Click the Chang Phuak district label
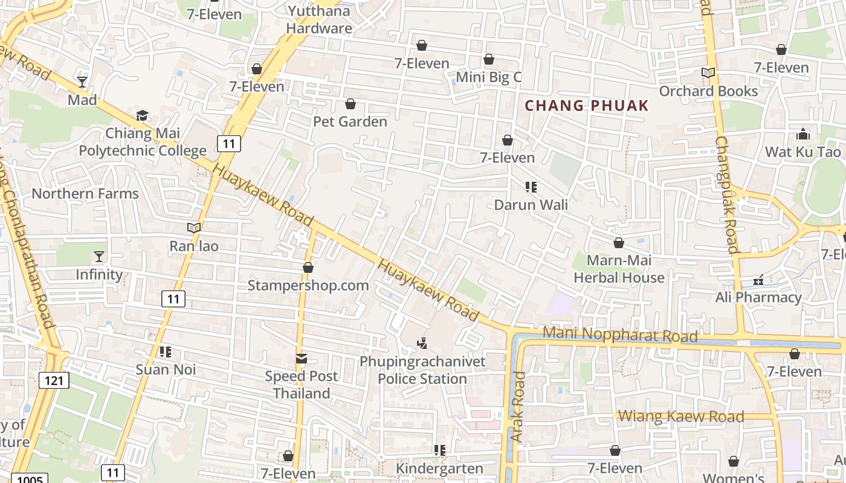click(x=586, y=106)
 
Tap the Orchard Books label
click(x=708, y=91)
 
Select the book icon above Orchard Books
click(x=708, y=73)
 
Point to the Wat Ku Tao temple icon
click(x=803, y=133)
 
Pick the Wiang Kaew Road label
click(x=681, y=416)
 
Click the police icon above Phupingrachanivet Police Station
click(x=422, y=344)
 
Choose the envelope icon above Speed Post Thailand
click(x=301, y=359)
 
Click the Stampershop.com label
click(x=308, y=285)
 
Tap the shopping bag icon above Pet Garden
click(x=350, y=104)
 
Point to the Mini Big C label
click(x=488, y=77)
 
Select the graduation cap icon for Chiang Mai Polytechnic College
click(x=143, y=115)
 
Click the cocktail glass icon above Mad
click(x=82, y=82)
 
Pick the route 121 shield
click(x=54, y=380)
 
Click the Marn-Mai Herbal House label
click(x=619, y=269)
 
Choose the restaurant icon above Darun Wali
click(x=531, y=187)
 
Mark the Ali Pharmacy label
click(x=758, y=297)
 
